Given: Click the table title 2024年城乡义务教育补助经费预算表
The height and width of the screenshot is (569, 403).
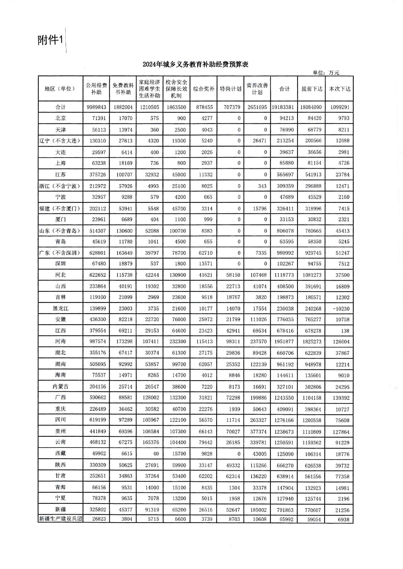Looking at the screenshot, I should click(x=195, y=64).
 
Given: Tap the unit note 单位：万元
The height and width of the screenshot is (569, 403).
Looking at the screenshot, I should click(x=326, y=72).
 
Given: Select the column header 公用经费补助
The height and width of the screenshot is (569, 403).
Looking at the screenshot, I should click(x=96, y=89).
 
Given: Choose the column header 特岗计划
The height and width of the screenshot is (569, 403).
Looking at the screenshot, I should click(x=230, y=89).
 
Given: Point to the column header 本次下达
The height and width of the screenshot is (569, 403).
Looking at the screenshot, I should click(x=339, y=89).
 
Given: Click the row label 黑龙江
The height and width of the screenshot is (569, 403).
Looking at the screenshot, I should click(x=60, y=308).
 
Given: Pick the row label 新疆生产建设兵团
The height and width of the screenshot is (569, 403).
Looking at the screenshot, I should click(x=60, y=519).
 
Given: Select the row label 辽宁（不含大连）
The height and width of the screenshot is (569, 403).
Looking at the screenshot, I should click(x=60, y=141).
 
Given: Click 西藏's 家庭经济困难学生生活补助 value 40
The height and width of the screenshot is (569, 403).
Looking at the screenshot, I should click(x=156, y=454).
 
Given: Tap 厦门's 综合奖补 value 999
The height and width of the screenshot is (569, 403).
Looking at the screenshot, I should click(x=208, y=219).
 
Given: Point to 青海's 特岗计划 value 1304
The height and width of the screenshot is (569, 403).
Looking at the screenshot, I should click(x=234, y=487).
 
